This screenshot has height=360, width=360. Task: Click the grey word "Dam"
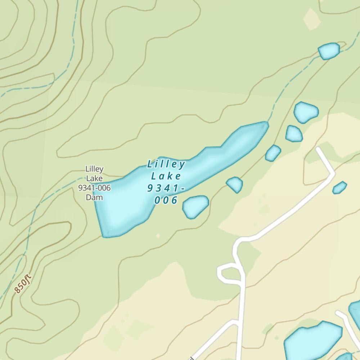click(94, 197)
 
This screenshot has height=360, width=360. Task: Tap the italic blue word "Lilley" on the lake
click(166, 165)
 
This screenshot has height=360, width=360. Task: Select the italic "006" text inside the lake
click(166, 201)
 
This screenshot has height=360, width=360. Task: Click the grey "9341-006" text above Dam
click(94, 188)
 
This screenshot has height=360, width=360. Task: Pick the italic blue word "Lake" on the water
click(166, 176)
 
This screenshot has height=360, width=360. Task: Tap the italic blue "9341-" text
click(166, 188)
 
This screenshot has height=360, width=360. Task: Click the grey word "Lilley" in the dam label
click(94, 169)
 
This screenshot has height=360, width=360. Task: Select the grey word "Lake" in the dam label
click(94, 178)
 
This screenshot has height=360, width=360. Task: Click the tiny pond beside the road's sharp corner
click(339, 187)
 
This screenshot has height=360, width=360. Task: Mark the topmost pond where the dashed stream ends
click(329, 51)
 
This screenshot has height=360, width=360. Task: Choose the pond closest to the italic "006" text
click(195, 206)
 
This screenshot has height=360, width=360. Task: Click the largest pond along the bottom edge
click(312, 342)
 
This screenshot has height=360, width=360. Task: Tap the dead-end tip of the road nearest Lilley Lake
click(319, 149)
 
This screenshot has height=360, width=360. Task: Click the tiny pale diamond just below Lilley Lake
click(158, 236)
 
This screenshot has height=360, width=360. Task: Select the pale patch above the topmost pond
click(312, 18)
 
